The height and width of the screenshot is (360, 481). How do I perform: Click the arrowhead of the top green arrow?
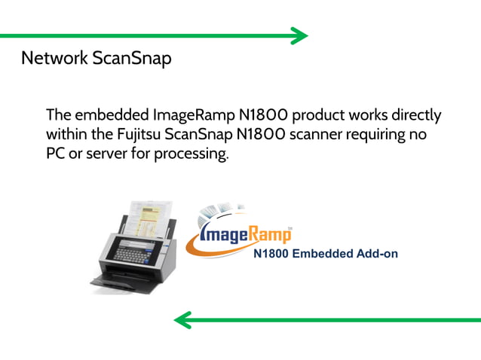(x=301, y=35)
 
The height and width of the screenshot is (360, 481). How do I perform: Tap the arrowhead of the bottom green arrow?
(x=182, y=321)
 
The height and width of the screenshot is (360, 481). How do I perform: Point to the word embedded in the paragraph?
(x=112, y=117)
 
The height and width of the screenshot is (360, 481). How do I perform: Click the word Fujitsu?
(x=176, y=136)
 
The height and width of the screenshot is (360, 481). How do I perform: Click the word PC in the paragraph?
(x=56, y=154)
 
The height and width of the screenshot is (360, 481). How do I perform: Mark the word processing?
(x=191, y=154)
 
